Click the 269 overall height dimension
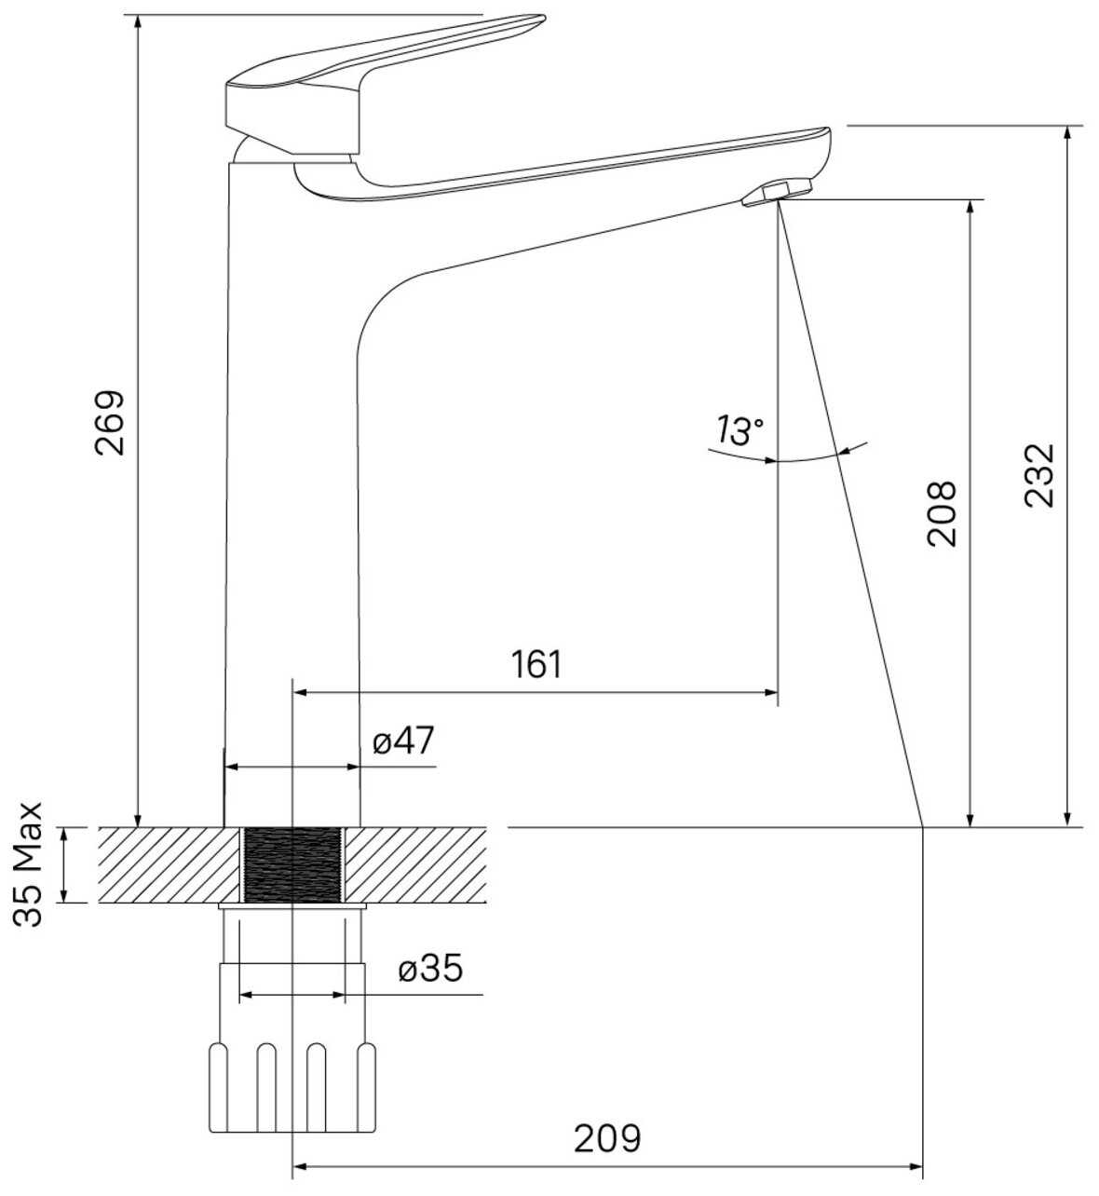110,423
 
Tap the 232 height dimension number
1039,475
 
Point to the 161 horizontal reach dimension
536,664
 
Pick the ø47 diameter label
403,741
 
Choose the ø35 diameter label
430,968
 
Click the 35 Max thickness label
28,864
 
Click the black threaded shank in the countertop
292,864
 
